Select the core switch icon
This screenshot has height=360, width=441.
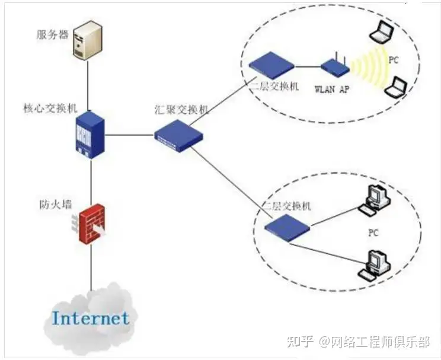pyautogui.click(x=90, y=135)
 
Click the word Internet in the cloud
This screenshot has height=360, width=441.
pyautogui.click(x=90, y=318)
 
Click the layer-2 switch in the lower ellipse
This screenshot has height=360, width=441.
pyautogui.click(x=287, y=225)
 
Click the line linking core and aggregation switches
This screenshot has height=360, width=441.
pyautogui.click(x=129, y=135)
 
